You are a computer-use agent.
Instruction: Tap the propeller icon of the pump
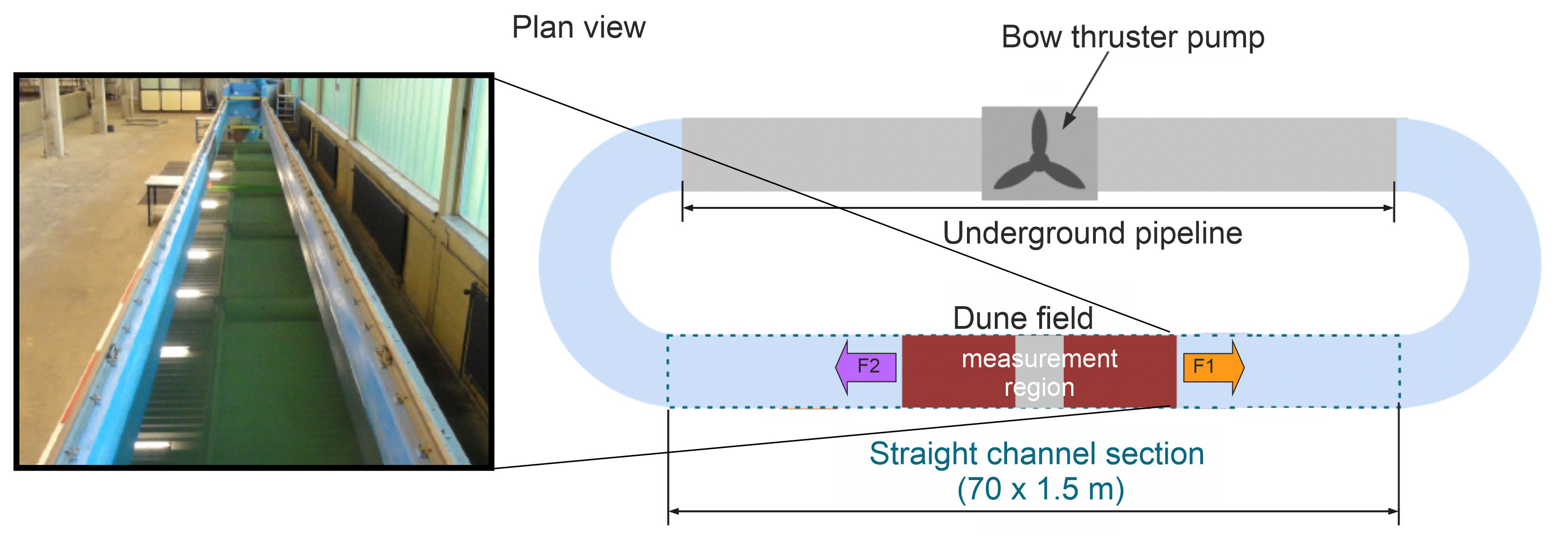tap(1039, 154)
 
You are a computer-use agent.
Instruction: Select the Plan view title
tap(578, 28)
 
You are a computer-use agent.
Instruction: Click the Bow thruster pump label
tap(1132, 38)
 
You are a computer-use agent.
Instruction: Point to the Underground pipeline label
tap(1092, 233)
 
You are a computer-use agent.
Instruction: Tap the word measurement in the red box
tap(1039, 359)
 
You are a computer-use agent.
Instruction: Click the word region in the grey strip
tap(1039, 388)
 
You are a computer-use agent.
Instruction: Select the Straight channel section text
tap(1036, 454)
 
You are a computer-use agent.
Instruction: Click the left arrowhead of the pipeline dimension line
tap(688, 208)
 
